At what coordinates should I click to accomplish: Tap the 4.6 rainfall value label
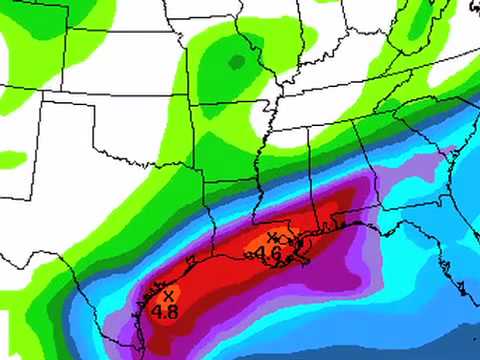[268, 253]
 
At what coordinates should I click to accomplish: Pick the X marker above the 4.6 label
[272, 238]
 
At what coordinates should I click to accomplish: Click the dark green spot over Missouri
[236, 63]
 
